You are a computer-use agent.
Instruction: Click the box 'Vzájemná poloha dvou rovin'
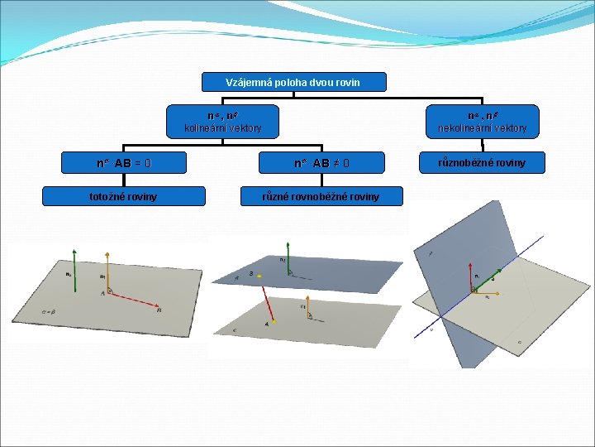[293, 82]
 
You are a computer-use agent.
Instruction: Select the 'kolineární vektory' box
[223, 122]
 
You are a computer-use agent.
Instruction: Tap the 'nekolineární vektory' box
[482, 122]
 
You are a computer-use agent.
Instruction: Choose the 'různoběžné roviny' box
[482, 163]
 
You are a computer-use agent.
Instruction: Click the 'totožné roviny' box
[124, 196]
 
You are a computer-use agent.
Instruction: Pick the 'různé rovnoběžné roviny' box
[321, 196]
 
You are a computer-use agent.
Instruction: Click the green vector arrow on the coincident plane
[75, 270]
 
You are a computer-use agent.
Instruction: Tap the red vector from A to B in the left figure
[133, 301]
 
